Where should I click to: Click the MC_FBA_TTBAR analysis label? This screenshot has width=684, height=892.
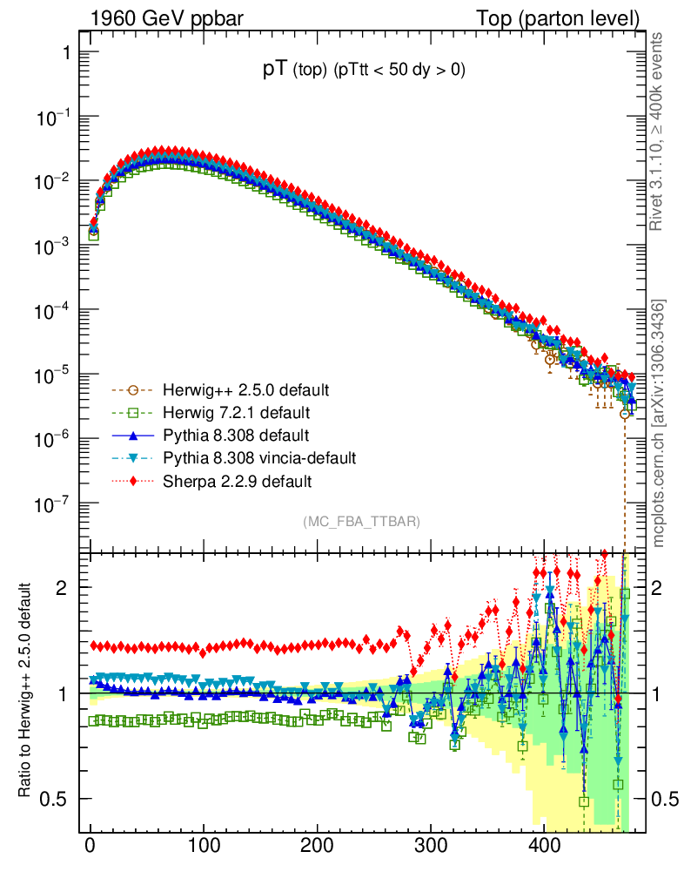tap(362, 522)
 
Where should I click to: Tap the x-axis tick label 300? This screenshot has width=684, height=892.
tap(430, 846)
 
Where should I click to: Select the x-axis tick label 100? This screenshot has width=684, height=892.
tap(204, 846)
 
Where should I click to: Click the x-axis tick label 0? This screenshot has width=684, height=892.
tap(91, 846)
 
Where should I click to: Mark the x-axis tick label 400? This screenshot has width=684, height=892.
tap(544, 846)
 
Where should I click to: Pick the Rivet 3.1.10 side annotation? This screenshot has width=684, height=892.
tap(658, 132)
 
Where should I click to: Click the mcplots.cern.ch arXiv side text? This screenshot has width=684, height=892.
tap(659, 422)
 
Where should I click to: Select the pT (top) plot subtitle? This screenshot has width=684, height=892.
tap(364, 71)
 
